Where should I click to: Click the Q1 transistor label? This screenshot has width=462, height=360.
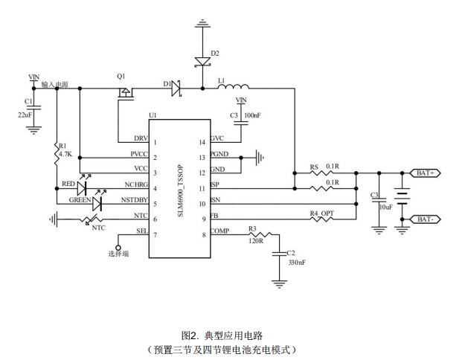pyautogui.click(x=121, y=77)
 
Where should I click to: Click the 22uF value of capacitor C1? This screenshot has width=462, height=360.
pyautogui.click(x=25, y=115)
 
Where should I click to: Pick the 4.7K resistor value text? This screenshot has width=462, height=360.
pyautogui.click(x=65, y=154)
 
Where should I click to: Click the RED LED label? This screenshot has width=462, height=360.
pyautogui.click(x=68, y=184)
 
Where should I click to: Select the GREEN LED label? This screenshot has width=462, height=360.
pyautogui.click(x=80, y=199)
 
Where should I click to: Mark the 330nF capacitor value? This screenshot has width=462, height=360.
pyautogui.click(x=295, y=263)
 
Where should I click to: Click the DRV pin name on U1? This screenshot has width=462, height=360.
pyautogui.click(x=140, y=139)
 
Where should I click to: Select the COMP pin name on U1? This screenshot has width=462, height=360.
pyautogui.click(x=220, y=231)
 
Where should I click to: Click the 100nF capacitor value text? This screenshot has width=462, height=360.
pyautogui.click(x=253, y=115)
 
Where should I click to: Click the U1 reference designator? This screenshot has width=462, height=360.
pyautogui.click(x=153, y=115)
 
